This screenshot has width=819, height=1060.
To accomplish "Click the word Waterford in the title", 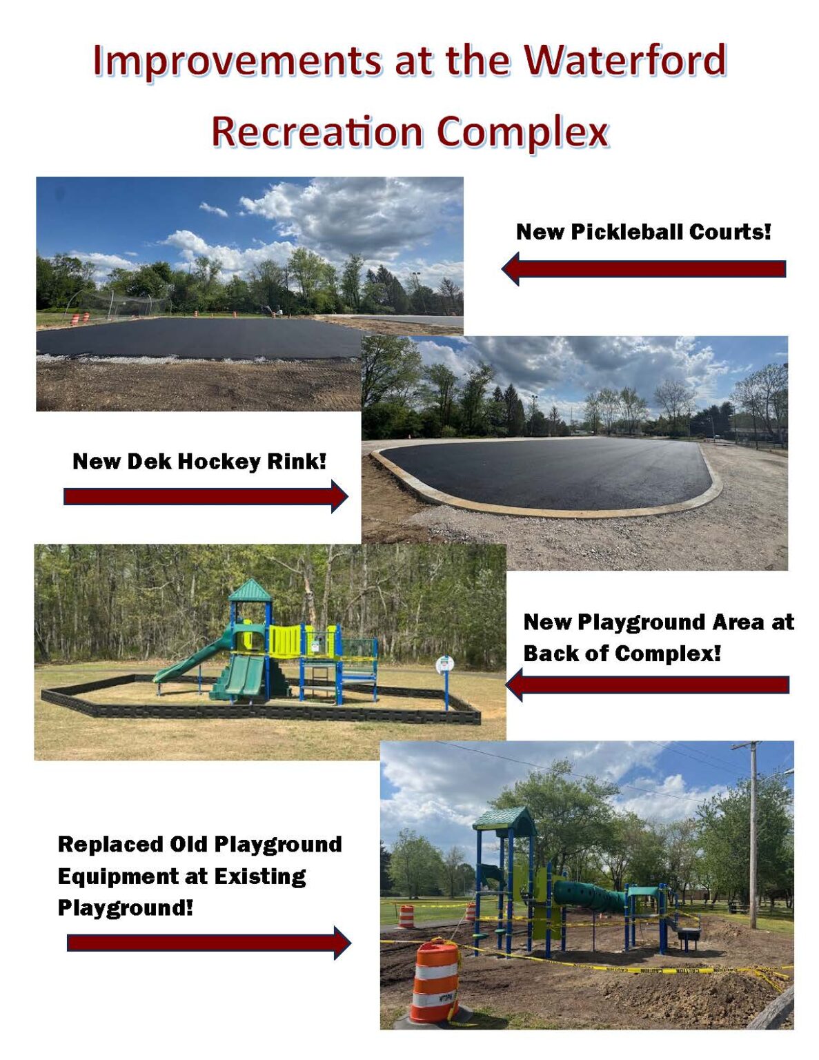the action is coord(625,60).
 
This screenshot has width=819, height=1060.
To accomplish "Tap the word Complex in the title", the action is coord(522,132).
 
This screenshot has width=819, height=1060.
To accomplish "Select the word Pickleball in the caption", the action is coord(626,232).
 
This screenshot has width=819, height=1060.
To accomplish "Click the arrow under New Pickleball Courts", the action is coord(644,268).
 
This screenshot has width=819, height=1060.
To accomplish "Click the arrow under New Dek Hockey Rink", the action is coord(206,497).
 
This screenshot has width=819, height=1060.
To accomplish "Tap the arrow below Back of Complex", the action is coord(647,685).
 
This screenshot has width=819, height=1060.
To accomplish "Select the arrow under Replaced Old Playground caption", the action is coord(208,943).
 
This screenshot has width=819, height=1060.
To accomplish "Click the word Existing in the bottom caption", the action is coord(260,876).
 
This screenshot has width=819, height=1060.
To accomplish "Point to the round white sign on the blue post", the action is coord(444,665).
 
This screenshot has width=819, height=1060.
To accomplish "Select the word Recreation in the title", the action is coord(317,132).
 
